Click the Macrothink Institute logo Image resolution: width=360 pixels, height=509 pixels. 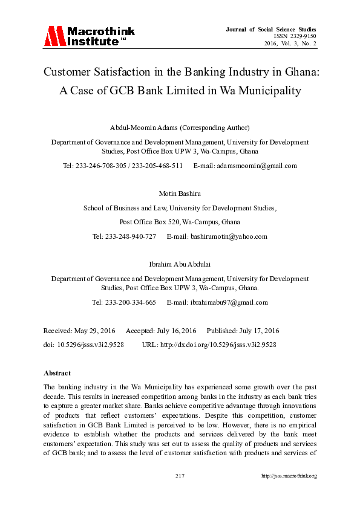tap(89, 36)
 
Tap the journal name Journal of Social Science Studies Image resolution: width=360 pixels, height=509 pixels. tap(271, 29)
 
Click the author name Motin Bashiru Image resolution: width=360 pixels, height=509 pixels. tap(180, 195)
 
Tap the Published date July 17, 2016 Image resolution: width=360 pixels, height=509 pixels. tap(257, 331)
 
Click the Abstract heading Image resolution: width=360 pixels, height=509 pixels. tap(57, 373)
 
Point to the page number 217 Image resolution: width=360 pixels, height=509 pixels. tap(180, 476)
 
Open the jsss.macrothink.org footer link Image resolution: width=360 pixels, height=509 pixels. tap(289, 476)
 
